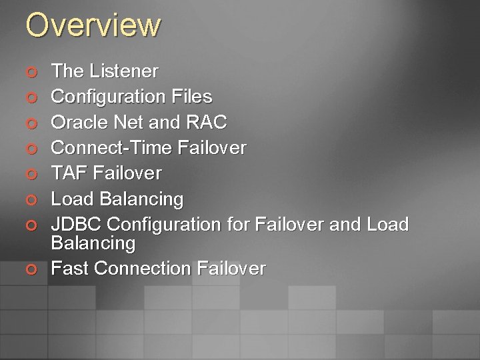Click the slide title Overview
[x=93, y=25]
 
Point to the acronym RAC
[x=208, y=123]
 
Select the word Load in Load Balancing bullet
[x=71, y=199]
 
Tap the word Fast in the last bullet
[x=70, y=269]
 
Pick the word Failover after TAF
[x=127, y=173]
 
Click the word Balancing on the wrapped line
[x=93, y=243]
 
